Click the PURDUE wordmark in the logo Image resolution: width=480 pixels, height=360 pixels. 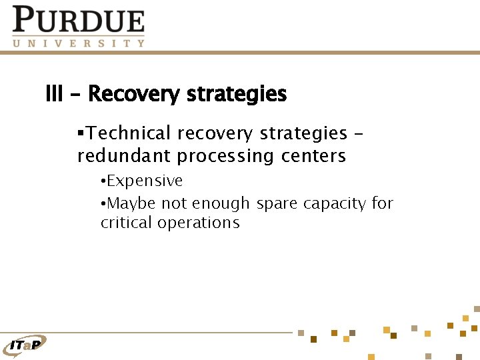click(78, 20)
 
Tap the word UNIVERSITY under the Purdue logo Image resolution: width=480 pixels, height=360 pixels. click(78, 43)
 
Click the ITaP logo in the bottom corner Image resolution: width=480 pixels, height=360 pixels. click(25, 345)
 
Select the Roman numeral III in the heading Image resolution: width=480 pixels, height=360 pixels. click(54, 94)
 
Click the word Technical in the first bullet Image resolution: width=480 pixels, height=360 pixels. click(129, 133)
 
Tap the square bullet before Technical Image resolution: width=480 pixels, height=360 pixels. click(81, 133)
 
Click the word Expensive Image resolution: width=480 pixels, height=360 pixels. click(145, 181)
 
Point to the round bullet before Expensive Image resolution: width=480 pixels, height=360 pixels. click(103, 181)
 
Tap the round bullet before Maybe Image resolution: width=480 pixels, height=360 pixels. click(103, 203)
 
